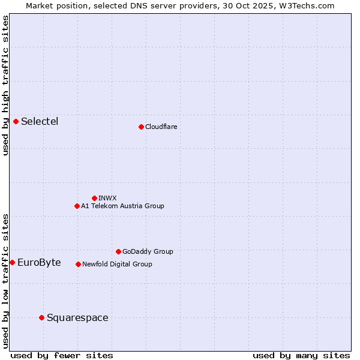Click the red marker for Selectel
(16, 122)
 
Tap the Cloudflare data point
(141, 127)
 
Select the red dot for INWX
(94, 198)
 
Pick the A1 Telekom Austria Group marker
(77, 206)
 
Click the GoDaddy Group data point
(118, 251)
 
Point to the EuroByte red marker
(12, 262)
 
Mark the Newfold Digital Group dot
(78, 264)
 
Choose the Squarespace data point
(41, 317)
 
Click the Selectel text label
(40, 122)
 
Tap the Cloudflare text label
(161, 127)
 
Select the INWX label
(107, 198)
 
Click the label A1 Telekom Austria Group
(122, 206)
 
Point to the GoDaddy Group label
(148, 251)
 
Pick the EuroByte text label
(39, 262)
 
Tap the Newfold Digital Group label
(117, 264)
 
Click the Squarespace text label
(77, 317)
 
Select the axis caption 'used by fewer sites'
(62, 355)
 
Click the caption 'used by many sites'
(301, 355)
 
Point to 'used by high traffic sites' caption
(5, 85)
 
